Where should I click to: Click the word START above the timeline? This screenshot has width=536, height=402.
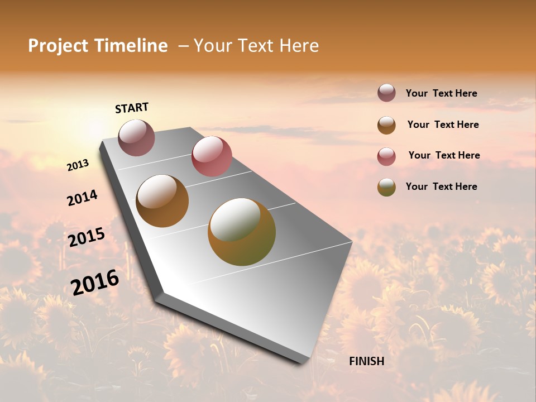point(132,108)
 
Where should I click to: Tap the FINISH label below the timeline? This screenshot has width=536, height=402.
point(366,361)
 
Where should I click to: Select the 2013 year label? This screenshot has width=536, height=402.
point(78,165)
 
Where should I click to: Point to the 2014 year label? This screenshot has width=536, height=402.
point(82,198)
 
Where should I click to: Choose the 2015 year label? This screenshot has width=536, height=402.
point(86,237)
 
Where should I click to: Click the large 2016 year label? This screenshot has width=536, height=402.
point(94,282)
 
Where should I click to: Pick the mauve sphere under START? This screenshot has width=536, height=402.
point(136,137)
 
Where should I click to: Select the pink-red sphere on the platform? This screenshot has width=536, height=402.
point(212,156)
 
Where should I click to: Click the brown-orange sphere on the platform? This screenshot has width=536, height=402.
point(162,201)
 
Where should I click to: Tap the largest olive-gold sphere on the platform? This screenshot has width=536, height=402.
point(242,232)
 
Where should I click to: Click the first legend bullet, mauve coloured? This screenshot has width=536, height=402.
point(386,93)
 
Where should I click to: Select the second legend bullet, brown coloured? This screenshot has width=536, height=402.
point(386,125)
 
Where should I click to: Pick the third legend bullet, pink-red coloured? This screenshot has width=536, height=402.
point(386,156)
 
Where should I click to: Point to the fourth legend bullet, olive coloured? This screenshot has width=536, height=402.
point(386,187)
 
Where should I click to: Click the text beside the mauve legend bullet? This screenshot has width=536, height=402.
point(441,94)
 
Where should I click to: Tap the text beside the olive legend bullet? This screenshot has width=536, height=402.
point(441,186)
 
